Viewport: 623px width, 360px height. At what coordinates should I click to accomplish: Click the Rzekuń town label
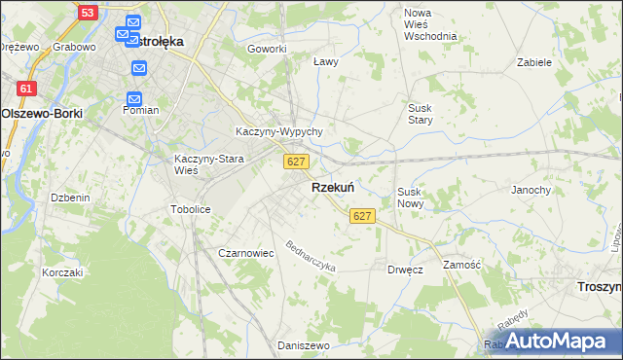pos(332,187)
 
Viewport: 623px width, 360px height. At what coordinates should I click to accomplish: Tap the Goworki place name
pos(267,49)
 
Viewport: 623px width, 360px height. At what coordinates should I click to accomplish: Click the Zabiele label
pos(534,61)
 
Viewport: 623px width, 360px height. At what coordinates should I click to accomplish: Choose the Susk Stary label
pos(421,114)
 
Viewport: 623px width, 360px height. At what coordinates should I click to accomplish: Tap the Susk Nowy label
pos(410,198)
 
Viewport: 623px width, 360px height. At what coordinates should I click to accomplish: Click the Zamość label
pos(462,265)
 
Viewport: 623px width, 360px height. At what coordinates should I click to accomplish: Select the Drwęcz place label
pos(404,270)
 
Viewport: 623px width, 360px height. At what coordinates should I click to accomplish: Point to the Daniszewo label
pos(299,345)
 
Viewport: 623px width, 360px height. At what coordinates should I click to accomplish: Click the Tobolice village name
pos(190,209)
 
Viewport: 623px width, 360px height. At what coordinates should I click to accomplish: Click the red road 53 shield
pos(88,13)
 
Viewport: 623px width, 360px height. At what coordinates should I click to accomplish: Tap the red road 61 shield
pos(27,89)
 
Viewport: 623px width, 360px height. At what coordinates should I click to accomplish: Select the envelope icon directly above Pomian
pos(134,98)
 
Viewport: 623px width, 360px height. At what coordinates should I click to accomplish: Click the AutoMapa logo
pos(556,341)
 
